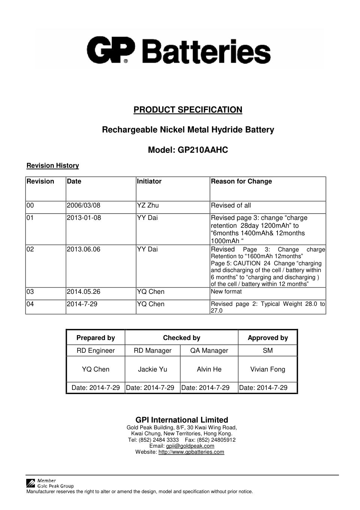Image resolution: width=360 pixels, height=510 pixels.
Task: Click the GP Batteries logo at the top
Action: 179,50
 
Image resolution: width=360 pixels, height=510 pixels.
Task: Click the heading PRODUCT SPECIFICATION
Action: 188,110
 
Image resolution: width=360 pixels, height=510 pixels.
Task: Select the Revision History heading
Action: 52,165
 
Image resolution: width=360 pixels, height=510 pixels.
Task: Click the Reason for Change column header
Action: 241,181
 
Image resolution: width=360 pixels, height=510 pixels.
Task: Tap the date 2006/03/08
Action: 83,205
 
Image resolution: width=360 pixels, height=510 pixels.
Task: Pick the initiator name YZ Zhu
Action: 148,205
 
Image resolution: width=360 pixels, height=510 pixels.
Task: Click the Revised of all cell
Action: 231,205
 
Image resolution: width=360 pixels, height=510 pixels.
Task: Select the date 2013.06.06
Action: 83,249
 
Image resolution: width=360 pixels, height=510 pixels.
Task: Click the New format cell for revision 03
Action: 226,292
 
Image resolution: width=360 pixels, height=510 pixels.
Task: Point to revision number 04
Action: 30,304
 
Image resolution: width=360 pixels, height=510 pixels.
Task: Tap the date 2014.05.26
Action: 84,292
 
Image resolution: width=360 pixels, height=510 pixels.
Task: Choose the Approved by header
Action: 268,338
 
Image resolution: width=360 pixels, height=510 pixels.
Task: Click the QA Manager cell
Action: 209,351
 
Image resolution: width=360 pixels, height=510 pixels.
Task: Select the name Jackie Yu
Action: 153,369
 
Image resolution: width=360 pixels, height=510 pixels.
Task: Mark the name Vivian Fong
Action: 268,369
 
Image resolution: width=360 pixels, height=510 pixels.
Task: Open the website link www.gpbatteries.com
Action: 191,452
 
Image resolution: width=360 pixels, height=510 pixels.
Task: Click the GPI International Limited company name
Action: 182,420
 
